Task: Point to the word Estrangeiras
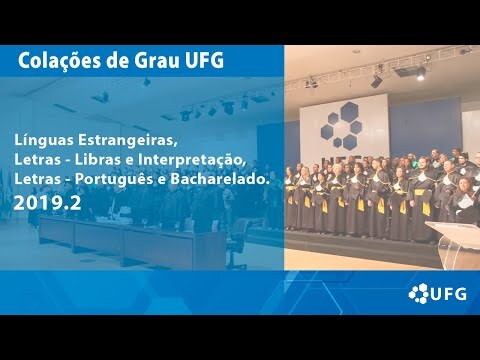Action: click(127, 140)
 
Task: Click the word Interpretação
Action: click(192, 160)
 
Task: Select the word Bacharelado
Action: click(220, 179)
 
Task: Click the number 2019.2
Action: click(47, 203)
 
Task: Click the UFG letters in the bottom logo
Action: click(448, 294)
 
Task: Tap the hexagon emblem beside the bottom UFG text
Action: click(419, 293)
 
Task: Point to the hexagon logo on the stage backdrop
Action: click(343, 126)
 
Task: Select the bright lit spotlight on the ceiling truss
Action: click(421, 75)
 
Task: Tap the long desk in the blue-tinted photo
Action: click(132, 240)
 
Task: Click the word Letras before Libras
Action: click(37, 160)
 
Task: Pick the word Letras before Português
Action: click(37, 179)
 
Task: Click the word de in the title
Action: click(117, 61)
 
